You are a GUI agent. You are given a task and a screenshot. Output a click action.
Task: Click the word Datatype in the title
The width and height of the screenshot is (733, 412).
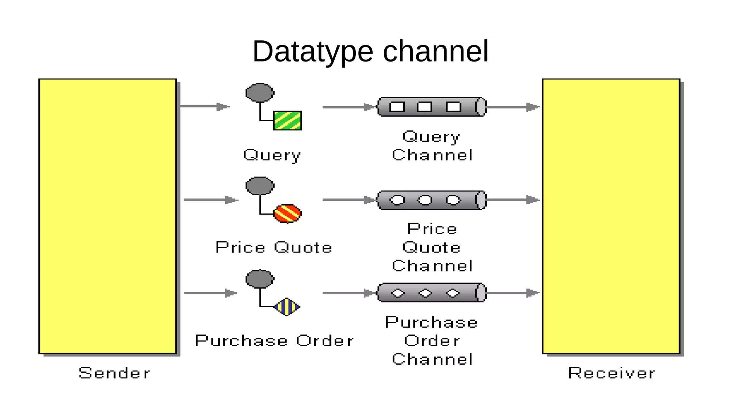tap(313, 52)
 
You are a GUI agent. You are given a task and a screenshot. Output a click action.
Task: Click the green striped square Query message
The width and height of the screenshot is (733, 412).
tap(287, 121)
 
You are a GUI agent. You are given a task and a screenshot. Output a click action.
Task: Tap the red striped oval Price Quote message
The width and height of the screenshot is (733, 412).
tap(287, 214)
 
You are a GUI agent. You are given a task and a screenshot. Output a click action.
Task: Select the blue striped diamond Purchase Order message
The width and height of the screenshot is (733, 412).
tap(287, 307)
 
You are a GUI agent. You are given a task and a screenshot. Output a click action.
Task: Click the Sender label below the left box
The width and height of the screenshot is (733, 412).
tap(114, 373)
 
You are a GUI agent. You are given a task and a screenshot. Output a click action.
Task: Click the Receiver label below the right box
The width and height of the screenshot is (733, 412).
tap(611, 373)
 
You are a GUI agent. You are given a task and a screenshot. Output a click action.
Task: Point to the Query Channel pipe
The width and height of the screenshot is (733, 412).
tap(432, 107)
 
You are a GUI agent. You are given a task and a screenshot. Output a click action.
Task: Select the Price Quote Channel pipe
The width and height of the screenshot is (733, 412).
tap(432, 200)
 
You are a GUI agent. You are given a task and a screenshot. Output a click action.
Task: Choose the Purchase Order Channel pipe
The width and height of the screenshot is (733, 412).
tap(432, 293)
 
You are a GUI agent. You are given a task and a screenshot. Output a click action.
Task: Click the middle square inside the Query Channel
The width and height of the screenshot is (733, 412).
tap(425, 107)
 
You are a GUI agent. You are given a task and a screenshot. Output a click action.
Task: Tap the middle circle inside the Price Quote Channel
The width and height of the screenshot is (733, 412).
tap(425, 200)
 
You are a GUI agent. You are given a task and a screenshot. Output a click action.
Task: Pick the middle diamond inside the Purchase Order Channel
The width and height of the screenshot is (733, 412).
tap(425, 293)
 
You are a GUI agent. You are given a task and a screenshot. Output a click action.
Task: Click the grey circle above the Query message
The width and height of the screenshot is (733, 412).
tap(260, 93)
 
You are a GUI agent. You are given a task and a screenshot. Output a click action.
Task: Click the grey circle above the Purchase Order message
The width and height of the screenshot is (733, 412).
tap(260, 279)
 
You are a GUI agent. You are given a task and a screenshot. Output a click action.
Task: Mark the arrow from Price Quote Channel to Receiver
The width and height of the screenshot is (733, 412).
tap(513, 200)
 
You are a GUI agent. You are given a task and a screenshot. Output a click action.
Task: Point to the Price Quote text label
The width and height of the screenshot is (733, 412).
tap(274, 247)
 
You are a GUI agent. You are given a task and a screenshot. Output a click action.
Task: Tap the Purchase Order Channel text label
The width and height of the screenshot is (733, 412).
tap(432, 341)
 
